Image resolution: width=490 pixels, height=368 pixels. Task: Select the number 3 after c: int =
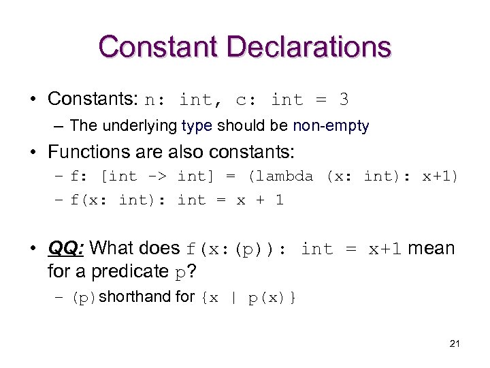[x=344, y=99]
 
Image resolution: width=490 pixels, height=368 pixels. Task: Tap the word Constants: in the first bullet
[x=94, y=99]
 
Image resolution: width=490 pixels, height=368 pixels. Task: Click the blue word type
[x=197, y=125]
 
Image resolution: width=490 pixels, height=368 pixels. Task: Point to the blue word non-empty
[x=331, y=125]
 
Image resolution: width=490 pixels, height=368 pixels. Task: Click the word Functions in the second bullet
[x=88, y=151]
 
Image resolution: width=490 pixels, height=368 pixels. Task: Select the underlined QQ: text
[x=66, y=248]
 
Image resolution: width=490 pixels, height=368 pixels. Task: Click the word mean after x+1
[x=431, y=248]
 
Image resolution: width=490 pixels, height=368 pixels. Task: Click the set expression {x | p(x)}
[x=248, y=298]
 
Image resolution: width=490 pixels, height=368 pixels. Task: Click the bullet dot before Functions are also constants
[x=33, y=151]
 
